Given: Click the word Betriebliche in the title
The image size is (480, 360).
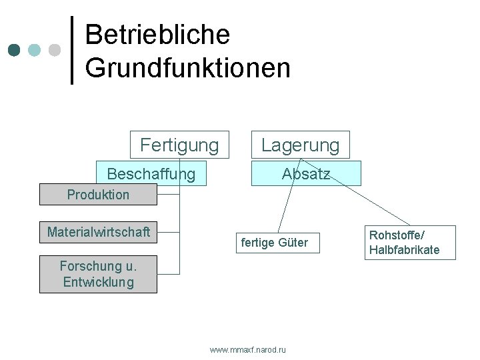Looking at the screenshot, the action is [x=157, y=35].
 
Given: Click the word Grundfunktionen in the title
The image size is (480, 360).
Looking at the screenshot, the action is [x=187, y=67].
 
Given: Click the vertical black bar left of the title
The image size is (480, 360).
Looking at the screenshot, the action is [x=72, y=50].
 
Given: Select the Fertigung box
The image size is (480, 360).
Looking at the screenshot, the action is [x=179, y=145].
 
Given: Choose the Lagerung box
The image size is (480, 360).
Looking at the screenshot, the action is [x=300, y=145].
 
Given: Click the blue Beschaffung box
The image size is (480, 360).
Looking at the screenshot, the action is [x=151, y=174].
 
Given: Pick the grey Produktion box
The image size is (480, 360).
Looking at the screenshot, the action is [x=98, y=195].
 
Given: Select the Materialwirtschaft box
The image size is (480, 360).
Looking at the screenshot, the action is [x=98, y=232].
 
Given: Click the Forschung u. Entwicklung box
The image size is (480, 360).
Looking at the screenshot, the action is [x=98, y=274].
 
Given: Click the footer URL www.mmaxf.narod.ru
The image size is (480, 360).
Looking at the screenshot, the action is [x=247, y=349].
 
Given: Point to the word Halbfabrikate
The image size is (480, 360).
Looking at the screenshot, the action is [x=404, y=250].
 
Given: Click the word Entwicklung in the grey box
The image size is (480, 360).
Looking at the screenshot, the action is [x=98, y=282].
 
